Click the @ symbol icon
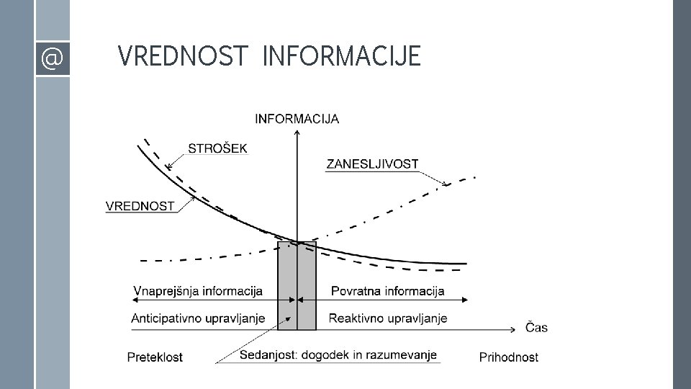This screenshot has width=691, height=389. click(x=52, y=58)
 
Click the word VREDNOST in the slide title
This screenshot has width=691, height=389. click(x=182, y=56)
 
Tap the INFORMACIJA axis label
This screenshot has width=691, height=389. click(x=297, y=119)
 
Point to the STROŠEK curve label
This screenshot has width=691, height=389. click(x=217, y=148)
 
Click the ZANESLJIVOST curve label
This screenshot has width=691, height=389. click(x=372, y=164)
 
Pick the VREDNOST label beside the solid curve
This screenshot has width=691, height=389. click(x=140, y=206)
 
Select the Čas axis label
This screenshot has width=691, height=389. click(x=536, y=328)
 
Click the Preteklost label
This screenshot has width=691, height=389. click(x=155, y=357)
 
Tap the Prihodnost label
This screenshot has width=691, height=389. click(x=508, y=357)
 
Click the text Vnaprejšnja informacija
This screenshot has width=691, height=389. click(x=198, y=292)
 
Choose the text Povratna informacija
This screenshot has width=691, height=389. click(x=387, y=292)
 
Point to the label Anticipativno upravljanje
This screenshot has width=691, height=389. click(x=198, y=318)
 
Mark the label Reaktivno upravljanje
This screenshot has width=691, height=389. click(x=388, y=318)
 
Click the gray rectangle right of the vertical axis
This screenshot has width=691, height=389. click(x=307, y=286)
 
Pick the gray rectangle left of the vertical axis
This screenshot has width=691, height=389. click(x=287, y=286)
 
